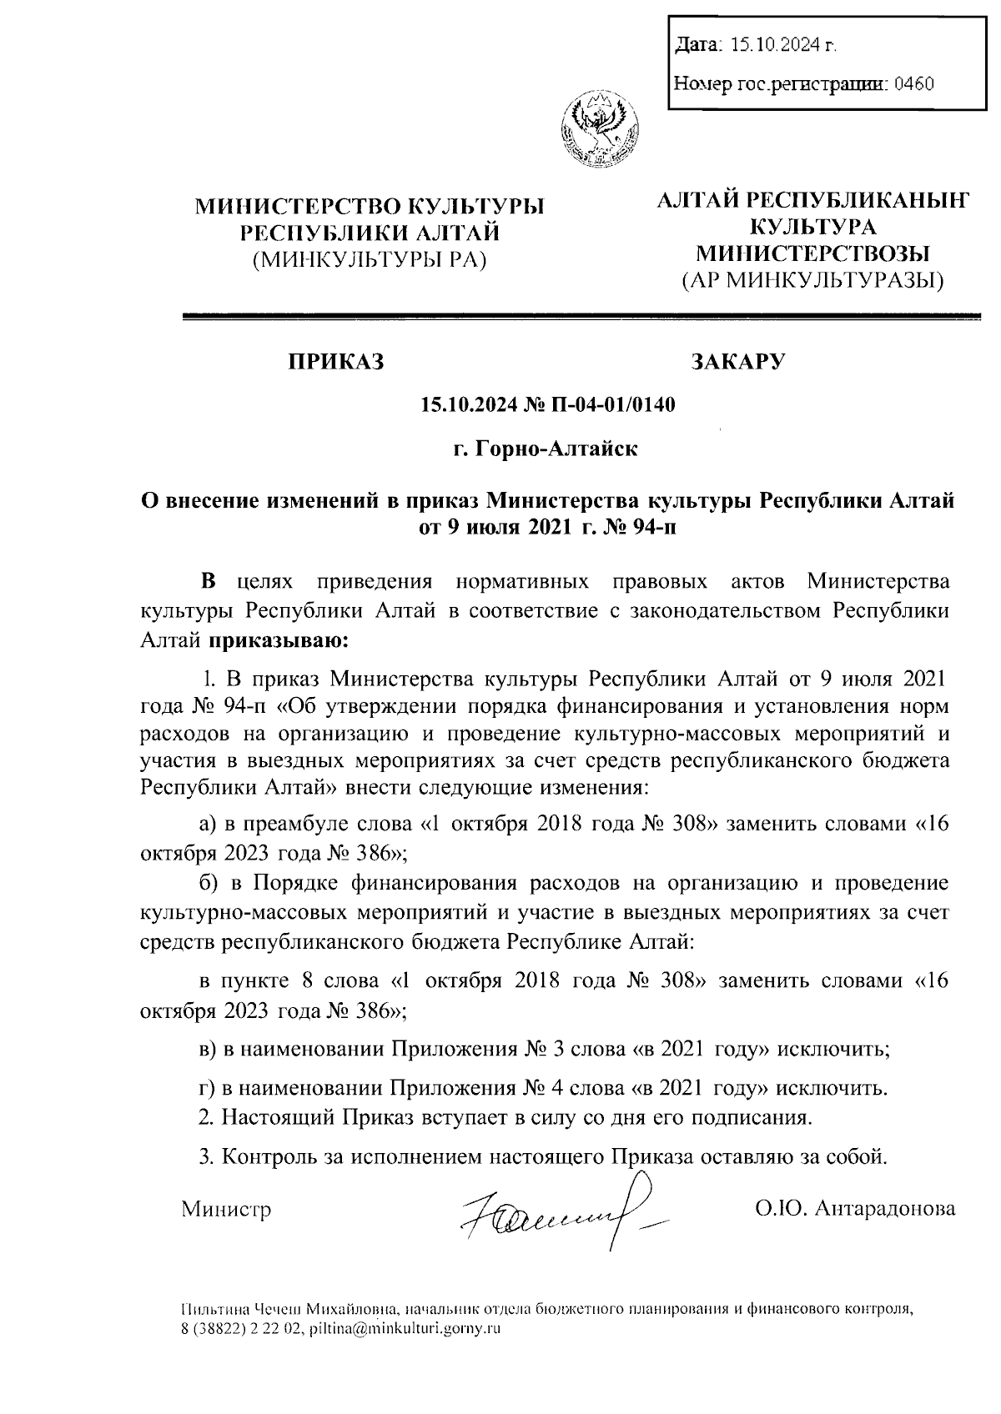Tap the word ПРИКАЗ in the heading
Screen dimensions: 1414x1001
(x=336, y=362)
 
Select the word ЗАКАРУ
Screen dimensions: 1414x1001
(x=738, y=362)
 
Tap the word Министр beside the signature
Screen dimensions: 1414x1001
(x=227, y=1208)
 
